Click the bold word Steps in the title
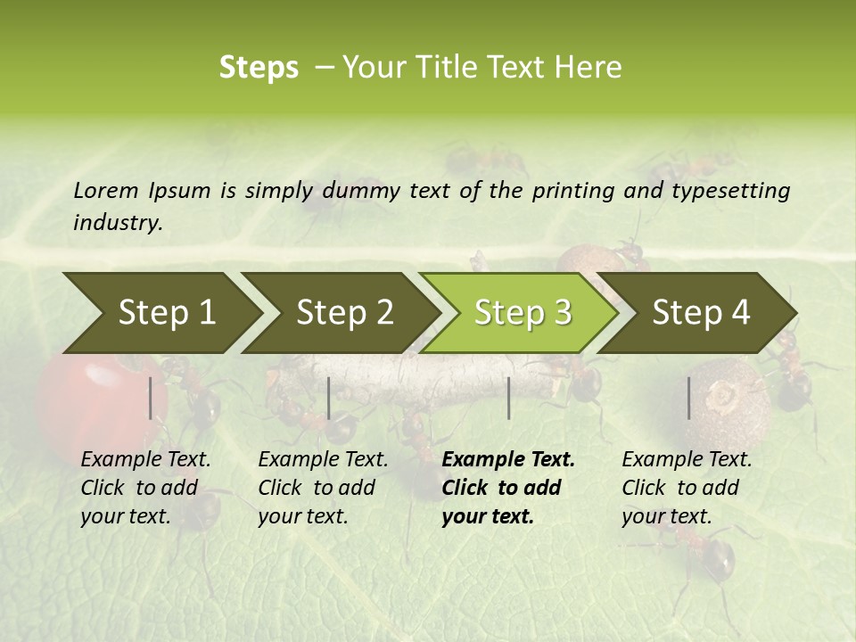click(x=259, y=68)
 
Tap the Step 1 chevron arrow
click(x=165, y=313)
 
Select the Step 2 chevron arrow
click(x=343, y=313)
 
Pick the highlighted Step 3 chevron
click(x=522, y=313)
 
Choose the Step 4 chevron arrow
click(x=701, y=313)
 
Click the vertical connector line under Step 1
click(x=151, y=398)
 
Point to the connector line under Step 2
click(x=329, y=398)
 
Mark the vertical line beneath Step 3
click(x=508, y=398)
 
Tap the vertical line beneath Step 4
click(x=688, y=398)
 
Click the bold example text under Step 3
click(x=508, y=488)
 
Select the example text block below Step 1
click(x=146, y=488)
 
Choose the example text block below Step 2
click(x=323, y=488)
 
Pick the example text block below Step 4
click(x=687, y=488)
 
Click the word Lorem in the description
click(x=106, y=191)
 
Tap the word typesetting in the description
click(x=736, y=191)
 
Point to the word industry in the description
click(x=117, y=223)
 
